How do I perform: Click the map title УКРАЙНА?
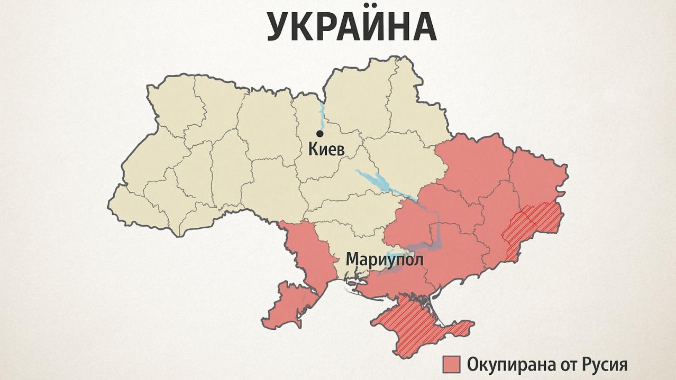coord(351,27)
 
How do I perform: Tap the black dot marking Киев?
coord(320,134)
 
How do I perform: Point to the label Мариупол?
coord(384,260)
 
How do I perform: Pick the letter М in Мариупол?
coord(353,260)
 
